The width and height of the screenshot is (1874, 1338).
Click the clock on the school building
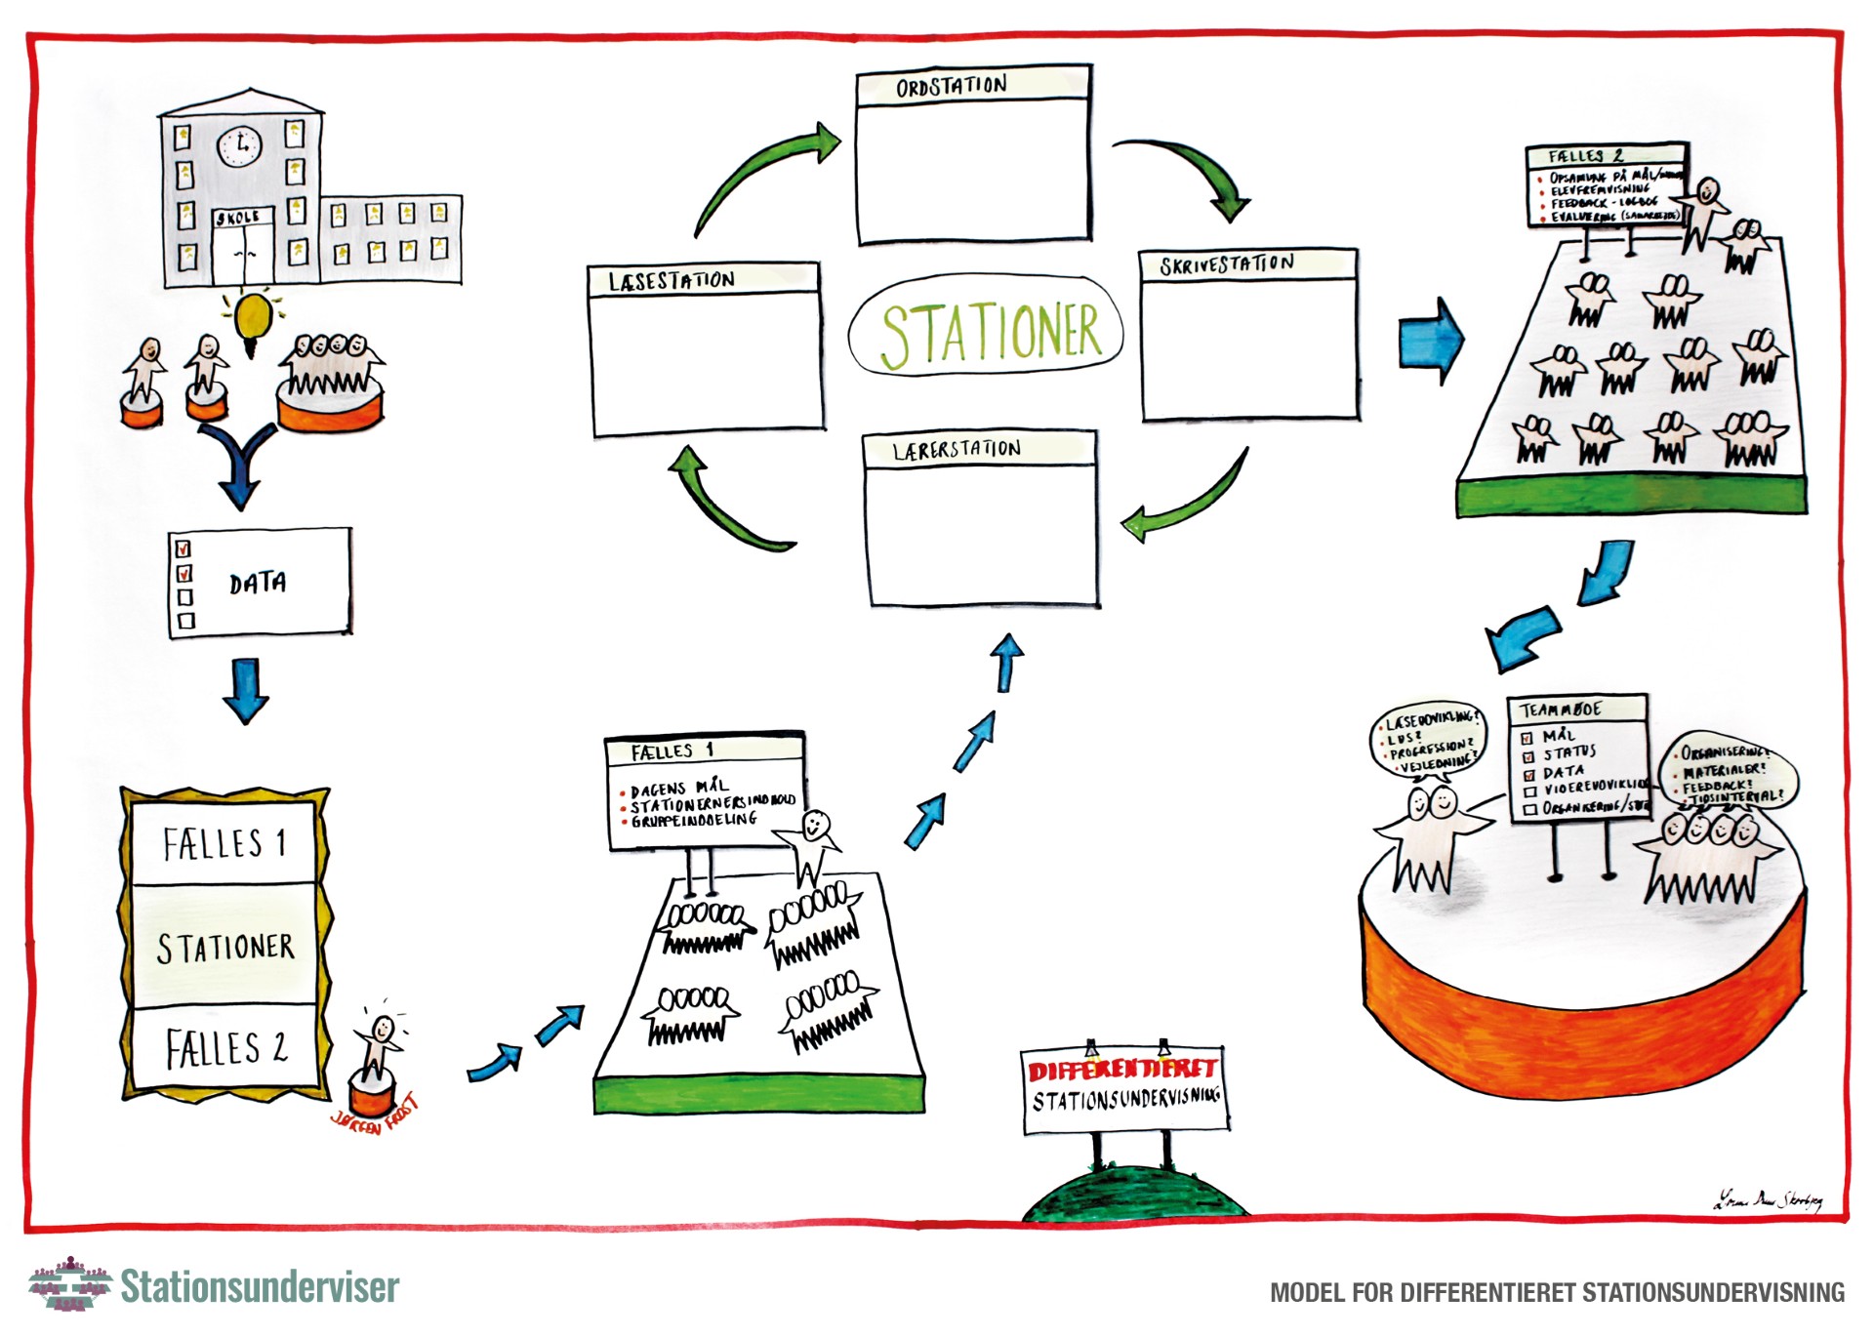[240, 147]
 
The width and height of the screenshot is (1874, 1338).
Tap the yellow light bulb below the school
[254, 317]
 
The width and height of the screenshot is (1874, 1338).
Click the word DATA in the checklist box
[258, 584]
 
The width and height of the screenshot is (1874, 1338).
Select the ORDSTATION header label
[951, 87]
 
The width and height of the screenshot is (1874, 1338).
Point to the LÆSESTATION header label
[672, 281]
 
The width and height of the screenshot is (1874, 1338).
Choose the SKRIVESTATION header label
[1227, 264]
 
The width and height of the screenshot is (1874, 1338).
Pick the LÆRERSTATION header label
[957, 450]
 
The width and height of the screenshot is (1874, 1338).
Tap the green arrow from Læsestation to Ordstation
[761, 176]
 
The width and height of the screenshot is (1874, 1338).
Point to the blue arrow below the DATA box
[246, 690]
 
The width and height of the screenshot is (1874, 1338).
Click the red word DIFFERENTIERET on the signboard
[1121, 1070]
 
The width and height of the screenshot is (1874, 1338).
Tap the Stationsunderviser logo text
[260, 1287]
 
